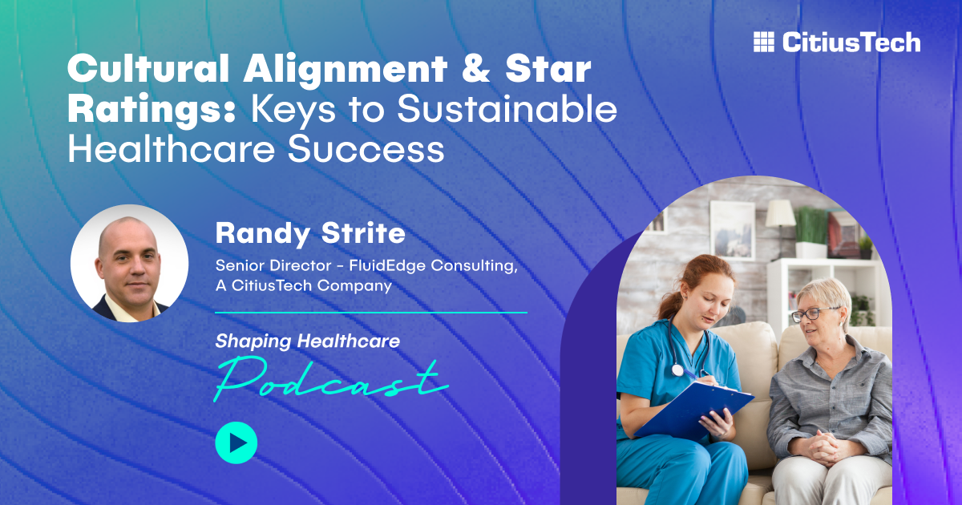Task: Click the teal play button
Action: (x=236, y=442)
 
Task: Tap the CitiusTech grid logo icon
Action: (x=764, y=42)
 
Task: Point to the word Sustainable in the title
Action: (x=507, y=110)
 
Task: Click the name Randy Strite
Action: (x=309, y=235)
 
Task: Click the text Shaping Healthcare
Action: (x=307, y=341)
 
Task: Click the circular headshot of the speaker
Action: (x=129, y=263)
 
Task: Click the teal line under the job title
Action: (x=371, y=313)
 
